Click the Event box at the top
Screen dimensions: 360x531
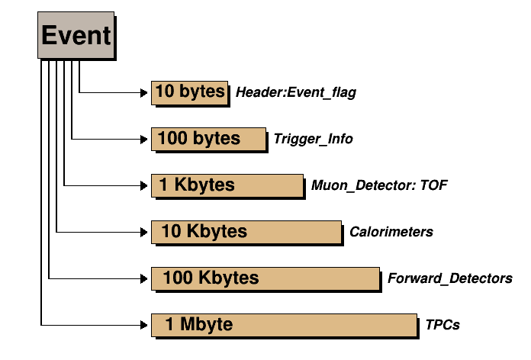click(76, 36)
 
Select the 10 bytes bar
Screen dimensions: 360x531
click(189, 92)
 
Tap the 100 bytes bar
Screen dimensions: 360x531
click(208, 138)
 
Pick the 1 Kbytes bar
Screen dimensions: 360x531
click(227, 185)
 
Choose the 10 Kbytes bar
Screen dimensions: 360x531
click(246, 231)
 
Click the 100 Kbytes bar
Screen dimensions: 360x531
click(265, 278)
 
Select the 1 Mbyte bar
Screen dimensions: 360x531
click(284, 324)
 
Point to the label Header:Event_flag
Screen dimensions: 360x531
click(296, 93)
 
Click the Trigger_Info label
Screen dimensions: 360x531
click(313, 140)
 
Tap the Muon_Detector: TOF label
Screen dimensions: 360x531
click(372, 185)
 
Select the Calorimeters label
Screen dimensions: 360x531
click(391, 232)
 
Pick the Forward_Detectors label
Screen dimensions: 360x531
click(450, 278)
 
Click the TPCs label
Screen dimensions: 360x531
click(443, 325)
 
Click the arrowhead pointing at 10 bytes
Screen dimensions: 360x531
click(145, 93)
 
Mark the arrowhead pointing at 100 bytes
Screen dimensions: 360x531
click(145, 140)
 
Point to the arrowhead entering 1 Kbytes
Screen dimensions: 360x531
click(145, 185)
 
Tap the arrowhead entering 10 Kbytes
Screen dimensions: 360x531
click(145, 232)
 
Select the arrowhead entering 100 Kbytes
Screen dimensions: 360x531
click(145, 278)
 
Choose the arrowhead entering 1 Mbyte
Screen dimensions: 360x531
click(145, 325)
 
